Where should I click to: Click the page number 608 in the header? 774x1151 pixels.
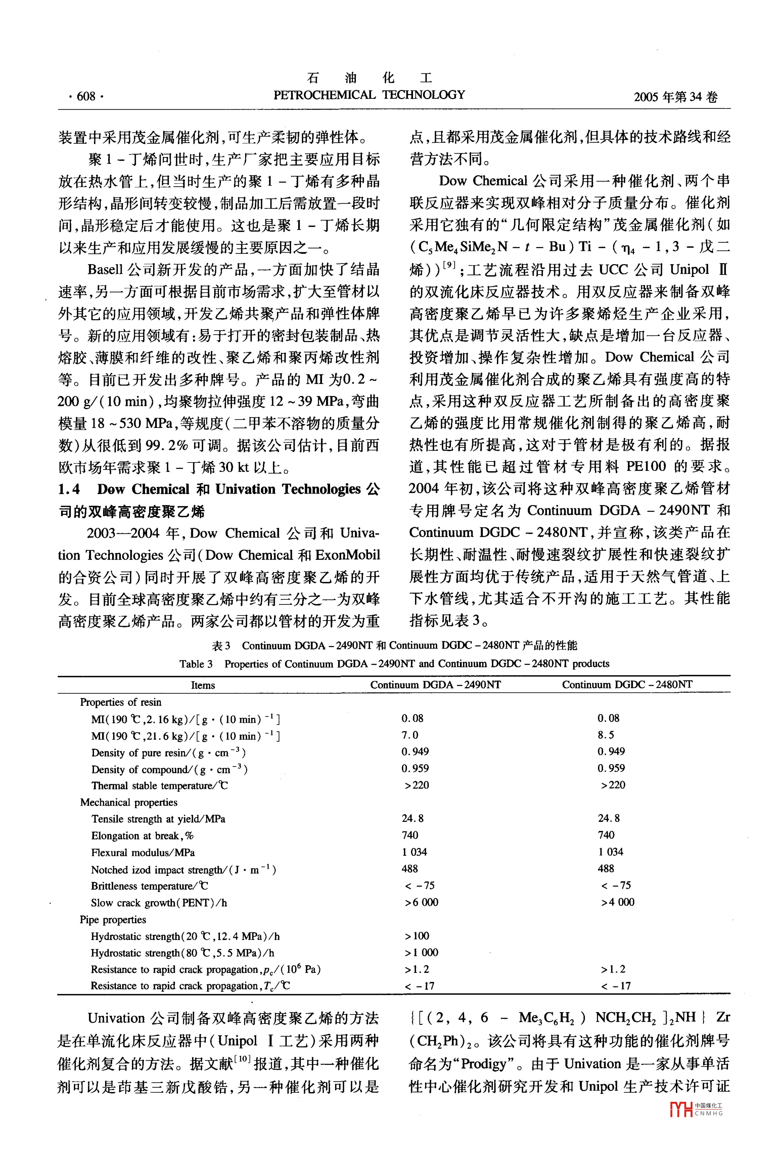click(86, 96)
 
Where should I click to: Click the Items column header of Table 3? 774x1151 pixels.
click(203, 685)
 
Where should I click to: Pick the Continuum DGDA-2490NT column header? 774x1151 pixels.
click(435, 684)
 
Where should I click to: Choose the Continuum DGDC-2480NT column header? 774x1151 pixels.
click(627, 684)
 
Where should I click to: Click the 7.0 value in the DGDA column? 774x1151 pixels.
click(410, 735)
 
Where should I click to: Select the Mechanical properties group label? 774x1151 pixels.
click(128, 802)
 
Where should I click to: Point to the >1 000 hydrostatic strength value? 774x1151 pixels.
click(421, 953)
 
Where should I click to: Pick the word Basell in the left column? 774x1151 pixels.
click(105, 269)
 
